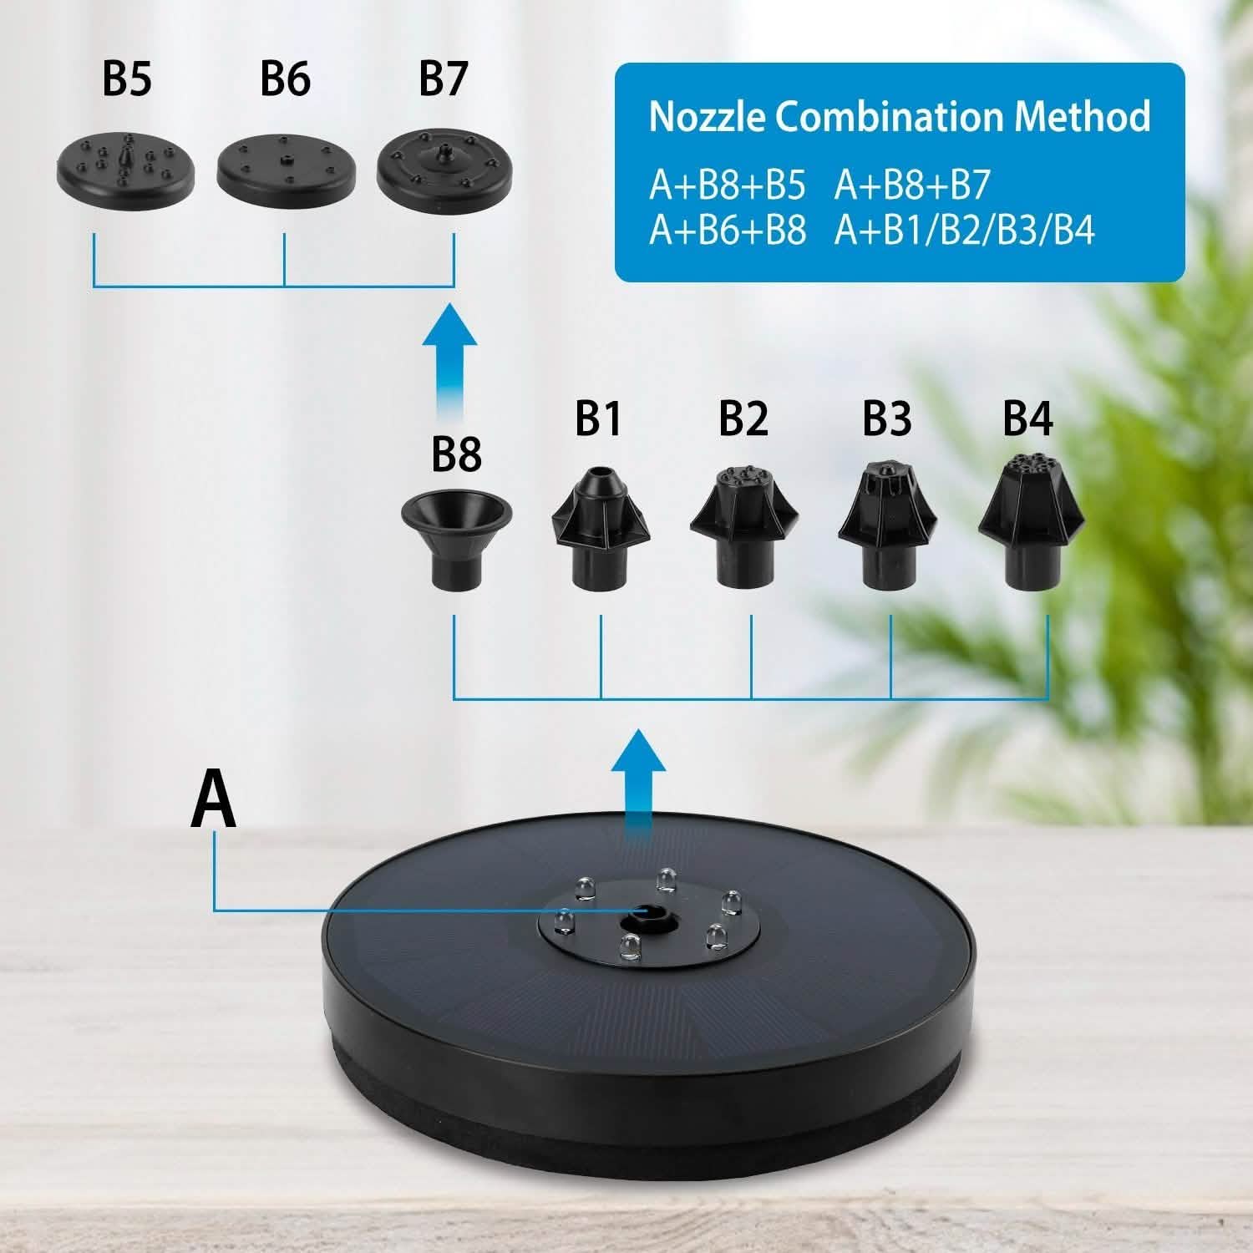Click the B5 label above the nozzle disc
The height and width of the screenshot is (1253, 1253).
tap(127, 79)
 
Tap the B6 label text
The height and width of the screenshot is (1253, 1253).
tap(285, 79)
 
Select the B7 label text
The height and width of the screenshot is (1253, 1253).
tap(443, 79)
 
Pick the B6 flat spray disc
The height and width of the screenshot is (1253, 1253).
tap(286, 164)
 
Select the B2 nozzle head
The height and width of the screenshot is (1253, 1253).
tap(744, 526)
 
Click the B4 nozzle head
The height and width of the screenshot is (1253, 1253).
tap(1030, 523)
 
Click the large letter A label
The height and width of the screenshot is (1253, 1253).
tap(214, 800)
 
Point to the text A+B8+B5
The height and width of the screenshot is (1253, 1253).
tap(728, 185)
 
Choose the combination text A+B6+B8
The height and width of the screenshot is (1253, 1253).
tap(728, 230)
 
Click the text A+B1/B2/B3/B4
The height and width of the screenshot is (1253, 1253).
tap(964, 230)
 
